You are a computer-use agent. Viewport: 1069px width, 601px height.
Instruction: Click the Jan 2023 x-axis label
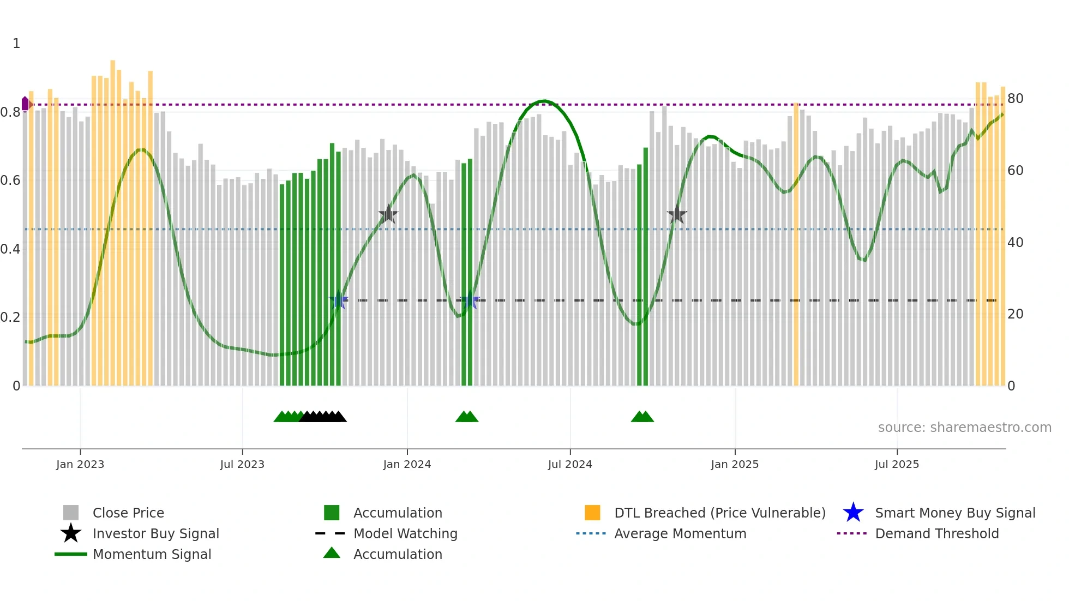click(80, 464)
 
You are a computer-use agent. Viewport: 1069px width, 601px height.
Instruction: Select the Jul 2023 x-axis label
click(242, 464)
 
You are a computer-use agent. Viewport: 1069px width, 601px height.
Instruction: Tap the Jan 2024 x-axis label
click(407, 464)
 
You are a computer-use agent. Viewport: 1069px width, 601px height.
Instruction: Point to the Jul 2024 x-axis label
click(570, 464)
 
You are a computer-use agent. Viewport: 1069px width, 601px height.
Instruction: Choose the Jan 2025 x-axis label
click(735, 464)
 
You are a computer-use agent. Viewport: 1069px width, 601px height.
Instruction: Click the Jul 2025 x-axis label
click(897, 464)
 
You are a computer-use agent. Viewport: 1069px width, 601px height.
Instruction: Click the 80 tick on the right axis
click(1016, 99)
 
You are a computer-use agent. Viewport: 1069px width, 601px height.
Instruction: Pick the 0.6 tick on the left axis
click(11, 181)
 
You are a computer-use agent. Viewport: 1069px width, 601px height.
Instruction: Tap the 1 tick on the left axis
click(16, 44)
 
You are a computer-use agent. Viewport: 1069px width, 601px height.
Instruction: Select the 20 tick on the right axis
click(1016, 314)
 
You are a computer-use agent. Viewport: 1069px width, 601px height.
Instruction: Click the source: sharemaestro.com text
click(964, 427)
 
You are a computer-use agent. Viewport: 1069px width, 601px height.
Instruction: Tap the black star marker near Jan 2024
click(388, 214)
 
